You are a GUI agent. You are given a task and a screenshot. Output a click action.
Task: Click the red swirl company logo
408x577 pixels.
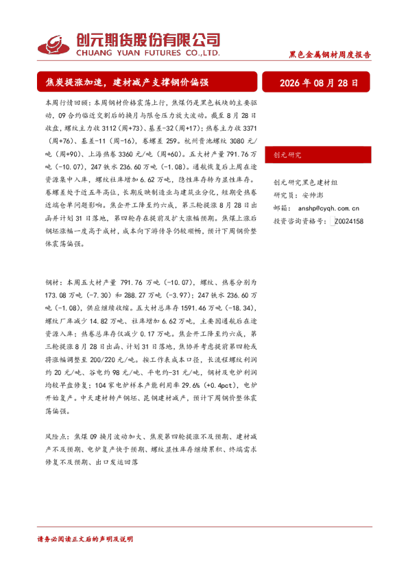pyautogui.click(x=53, y=45)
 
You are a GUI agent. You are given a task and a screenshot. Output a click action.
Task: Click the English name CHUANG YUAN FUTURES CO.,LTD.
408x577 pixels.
pyautogui.click(x=148, y=53)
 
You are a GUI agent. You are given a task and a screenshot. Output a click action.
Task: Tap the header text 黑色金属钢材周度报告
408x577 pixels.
pyautogui.click(x=330, y=55)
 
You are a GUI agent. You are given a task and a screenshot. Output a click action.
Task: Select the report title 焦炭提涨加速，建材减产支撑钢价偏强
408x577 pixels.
pyautogui.click(x=127, y=82)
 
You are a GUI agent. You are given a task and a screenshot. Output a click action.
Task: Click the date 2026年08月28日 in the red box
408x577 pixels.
pyautogui.click(x=319, y=83)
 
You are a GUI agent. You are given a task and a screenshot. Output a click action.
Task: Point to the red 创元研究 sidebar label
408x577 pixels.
pyautogui.click(x=287, y=155)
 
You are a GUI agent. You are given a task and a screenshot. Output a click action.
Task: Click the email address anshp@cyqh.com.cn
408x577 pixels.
pyautogui.click(x=328, y=208)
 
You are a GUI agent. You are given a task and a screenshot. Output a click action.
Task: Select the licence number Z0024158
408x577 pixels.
pyautogui.click(x=349, y=221)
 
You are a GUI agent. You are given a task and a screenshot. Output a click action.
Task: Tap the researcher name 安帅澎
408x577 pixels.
pyautogui.click(x=313, y=195)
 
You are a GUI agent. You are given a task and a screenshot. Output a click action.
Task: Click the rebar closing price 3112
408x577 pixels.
pyautogui.click(x=109, y=128)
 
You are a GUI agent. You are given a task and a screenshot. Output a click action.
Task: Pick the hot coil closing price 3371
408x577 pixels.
pyautogui.click(x=250, y=128)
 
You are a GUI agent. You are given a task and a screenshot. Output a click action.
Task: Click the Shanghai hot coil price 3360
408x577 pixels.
pyautogui.click(x=125, y=154)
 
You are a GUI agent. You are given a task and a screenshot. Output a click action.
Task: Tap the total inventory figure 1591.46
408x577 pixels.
pyautogui.click(x=193, y=308)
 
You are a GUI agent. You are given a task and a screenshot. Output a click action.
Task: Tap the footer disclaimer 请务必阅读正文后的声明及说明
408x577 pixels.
pyautogui.click(x=85, y=539)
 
